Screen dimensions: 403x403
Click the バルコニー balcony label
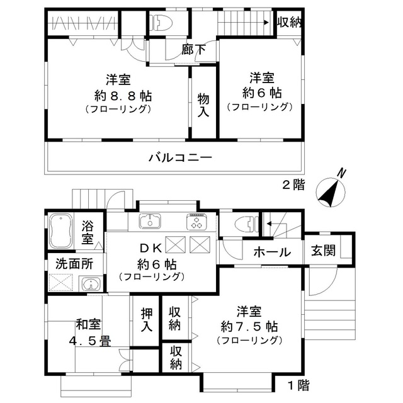click(180, 157)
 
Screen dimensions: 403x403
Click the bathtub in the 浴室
click(60, 231)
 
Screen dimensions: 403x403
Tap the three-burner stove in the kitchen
click(196, 222)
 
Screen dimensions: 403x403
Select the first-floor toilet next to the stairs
click(244, 223)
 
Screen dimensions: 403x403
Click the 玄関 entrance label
click(322, 251)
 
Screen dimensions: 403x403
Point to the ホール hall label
click(272, 253)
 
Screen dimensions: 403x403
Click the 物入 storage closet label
click(203, 105)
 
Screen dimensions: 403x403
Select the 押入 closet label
click(146, 320)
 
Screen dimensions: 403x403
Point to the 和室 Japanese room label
click(88, 325)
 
